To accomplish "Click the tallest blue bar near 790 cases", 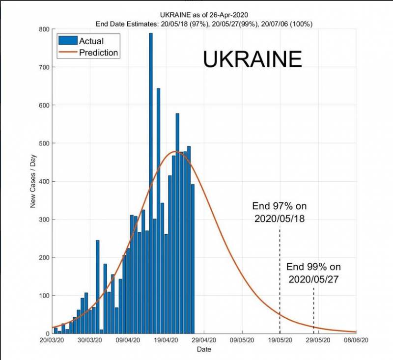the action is point(151,183).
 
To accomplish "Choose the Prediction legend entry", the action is point(88,53).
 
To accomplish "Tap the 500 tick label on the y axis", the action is point(44,143).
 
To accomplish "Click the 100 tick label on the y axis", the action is point(44,296).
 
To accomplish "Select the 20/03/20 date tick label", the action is point(52,340).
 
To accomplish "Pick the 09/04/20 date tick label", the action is point(128,340).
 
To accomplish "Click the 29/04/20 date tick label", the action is point(204,340).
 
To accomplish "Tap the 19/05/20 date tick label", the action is point(280,340).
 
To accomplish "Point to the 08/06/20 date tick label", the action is point(356,340).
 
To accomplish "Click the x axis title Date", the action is point(204,349).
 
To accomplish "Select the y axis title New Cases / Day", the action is point(33,181).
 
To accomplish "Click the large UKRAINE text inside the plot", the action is point(253,59).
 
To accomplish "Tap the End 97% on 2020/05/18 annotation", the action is point(280,212).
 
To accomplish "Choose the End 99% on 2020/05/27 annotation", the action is point(313,273).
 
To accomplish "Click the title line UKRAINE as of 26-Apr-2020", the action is point(204,15).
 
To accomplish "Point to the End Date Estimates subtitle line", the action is point(204,24).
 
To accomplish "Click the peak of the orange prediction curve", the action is point(175,151).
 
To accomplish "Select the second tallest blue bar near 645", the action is point(158,211).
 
